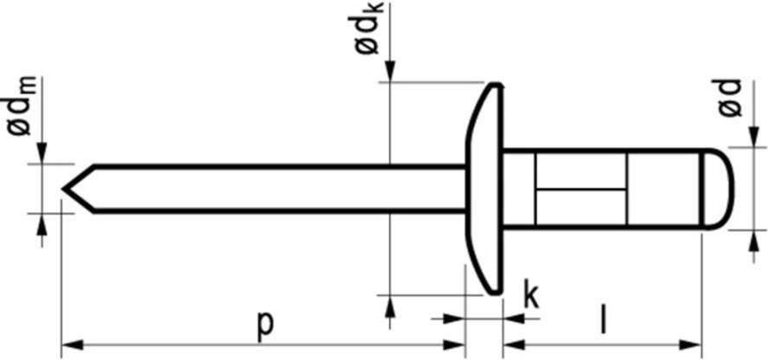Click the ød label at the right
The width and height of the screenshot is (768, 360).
click(x=730, y=99)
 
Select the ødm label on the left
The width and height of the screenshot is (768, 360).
click(x=21, y=106)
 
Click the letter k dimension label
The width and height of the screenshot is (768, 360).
click(x=531, y=294)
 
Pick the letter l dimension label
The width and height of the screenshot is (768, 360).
click(x=605, y=320)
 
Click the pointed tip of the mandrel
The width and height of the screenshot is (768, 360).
click(x=63, y=189)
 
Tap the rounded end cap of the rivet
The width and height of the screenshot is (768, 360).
click(x=719, y=189)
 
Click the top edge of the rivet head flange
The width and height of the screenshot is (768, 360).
click(x=496, y=85)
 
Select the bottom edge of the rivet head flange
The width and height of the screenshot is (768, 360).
click(x=496, y=292)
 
